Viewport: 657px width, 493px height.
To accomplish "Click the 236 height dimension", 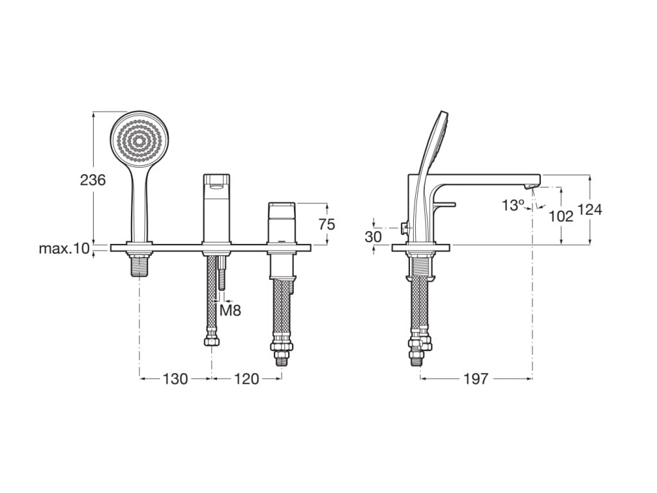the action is pos(93,180).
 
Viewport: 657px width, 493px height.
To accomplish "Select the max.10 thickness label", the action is pos(64,248).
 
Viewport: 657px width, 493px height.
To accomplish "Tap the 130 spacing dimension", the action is pos(175,379).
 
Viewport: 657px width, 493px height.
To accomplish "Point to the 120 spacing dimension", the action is pos(246,379).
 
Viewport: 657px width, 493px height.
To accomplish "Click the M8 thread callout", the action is pos(230,311).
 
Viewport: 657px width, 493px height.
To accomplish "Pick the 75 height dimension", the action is pos(327,225).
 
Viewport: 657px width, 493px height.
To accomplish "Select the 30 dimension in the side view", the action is pos(373,237).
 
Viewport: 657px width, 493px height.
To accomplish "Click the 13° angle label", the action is pos(514,205).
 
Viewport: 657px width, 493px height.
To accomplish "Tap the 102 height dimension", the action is pos(561,216).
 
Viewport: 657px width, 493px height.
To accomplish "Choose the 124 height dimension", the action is pos(590,210).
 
